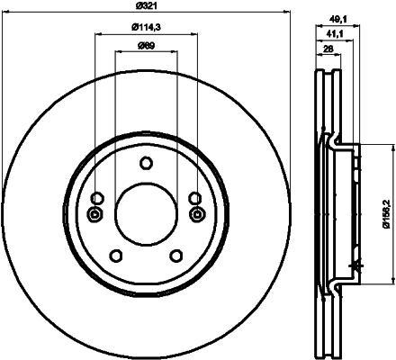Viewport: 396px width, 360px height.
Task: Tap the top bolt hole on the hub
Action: (147, 163)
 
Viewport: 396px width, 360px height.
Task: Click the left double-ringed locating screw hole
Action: (95, 214)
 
